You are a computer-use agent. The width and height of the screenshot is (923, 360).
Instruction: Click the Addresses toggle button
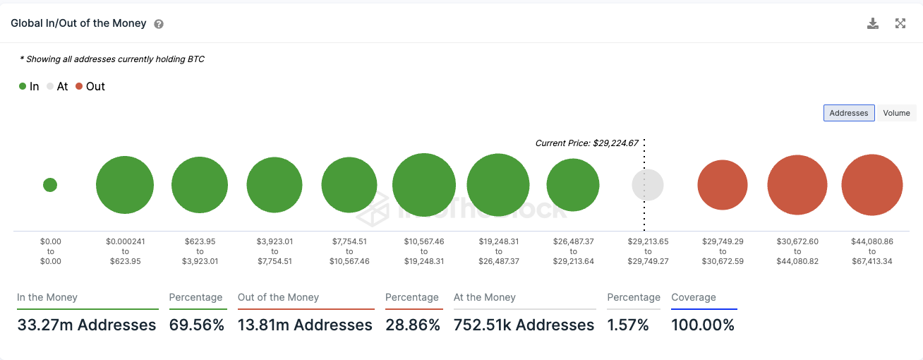pos(848,113)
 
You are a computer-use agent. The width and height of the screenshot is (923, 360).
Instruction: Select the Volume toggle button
pos(896,113)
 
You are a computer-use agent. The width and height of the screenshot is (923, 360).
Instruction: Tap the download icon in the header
pos(873,23)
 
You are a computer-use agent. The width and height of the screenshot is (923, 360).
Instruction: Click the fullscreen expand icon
pos(900,23)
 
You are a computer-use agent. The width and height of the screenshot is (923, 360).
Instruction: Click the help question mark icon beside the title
pos(159,24)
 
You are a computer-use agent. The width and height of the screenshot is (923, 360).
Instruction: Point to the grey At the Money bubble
pos(647,185)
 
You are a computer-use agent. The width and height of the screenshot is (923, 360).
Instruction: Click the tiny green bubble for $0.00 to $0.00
pos(50,185)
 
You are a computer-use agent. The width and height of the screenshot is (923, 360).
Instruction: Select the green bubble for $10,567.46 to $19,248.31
pos(424,185)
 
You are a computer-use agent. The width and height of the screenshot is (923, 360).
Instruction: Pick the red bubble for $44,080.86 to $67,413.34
pos(872,185)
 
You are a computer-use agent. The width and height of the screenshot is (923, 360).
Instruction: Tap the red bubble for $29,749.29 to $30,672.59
pos(723,185)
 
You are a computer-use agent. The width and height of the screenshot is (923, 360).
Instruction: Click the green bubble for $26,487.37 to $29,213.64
pos(573,185)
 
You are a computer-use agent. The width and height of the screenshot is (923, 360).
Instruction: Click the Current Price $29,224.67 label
pos(586,143)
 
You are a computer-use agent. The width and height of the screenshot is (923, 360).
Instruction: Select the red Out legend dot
pos(79,87)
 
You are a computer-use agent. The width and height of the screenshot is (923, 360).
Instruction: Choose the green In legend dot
pos(23,87)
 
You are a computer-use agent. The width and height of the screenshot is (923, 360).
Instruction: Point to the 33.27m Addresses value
pos(86,325)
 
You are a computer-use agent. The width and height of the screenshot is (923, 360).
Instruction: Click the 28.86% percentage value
pos(413,325)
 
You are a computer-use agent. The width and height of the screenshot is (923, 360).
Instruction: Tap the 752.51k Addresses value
pos(524,325)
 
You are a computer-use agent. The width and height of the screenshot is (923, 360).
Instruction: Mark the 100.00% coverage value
pos(703,325)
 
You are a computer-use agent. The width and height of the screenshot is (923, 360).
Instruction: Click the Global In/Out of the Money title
pos(78,23)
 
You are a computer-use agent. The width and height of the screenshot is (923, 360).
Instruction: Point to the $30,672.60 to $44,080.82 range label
pos(797,251)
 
